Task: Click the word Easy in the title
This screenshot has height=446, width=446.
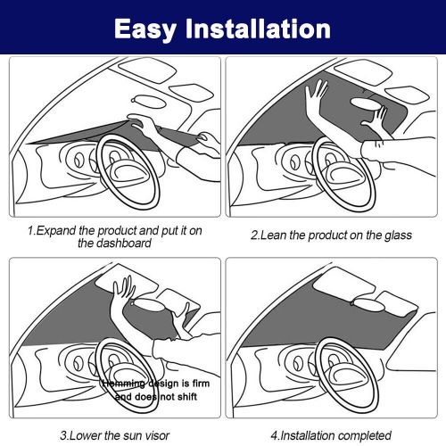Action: (x=145, y=29)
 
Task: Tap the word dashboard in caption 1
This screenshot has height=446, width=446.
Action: (x=114, y=244)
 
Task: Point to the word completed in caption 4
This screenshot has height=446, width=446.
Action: (x=365, y=436)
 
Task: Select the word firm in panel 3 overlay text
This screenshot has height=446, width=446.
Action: (x=201, y=384)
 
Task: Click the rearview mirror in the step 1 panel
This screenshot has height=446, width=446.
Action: (x=148, y=102)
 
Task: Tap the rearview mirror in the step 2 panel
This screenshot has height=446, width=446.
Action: (x=367, y=104)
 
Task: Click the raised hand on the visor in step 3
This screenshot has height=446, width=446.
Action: (x=123, y=290)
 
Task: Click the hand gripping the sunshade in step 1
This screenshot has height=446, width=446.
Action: (x=142, y=122)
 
